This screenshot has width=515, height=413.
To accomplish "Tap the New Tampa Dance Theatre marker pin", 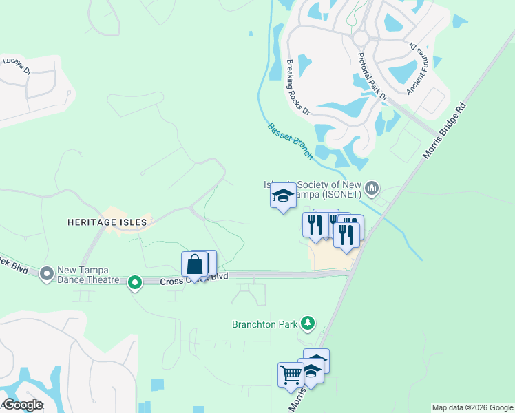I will pyautogui.click(x=47, y=274).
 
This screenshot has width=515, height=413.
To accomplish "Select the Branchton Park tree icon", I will pyautogui.click(x=308, y=323).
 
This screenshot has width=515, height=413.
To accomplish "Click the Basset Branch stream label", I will pyautogui.click(x=290, y=141).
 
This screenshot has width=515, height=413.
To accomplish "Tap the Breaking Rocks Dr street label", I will pyautogui.click(x=298, y=87).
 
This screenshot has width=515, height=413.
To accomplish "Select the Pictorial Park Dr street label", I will pyautogui.click(x=372, y=76).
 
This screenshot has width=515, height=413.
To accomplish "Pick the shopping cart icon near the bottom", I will pyautogui.click(x=291, y=374).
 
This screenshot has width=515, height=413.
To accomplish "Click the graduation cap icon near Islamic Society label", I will pyautogui.click(x=283, y=196).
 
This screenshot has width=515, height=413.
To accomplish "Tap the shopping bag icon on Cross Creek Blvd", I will pyautogui.click(x=195, y=264).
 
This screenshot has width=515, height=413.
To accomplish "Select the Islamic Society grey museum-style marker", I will pyautogui.click(x=372, y=188).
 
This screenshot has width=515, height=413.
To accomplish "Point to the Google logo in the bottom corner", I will pyautogui.click(x=23, y=405).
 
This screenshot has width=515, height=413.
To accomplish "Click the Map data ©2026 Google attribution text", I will pyautogui.click(x=472, y=407).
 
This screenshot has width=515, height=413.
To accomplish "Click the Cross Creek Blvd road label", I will pyautogui.click(x=194, y=280).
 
